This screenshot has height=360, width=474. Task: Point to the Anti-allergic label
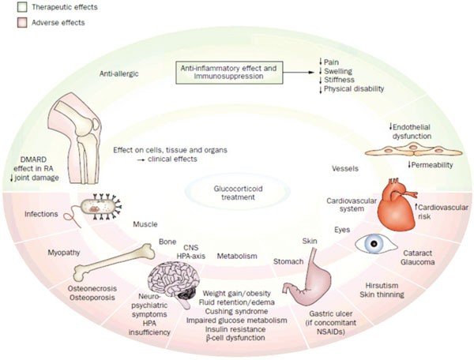(x=119, y=73)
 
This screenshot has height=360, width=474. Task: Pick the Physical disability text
(x=356, y=89)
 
